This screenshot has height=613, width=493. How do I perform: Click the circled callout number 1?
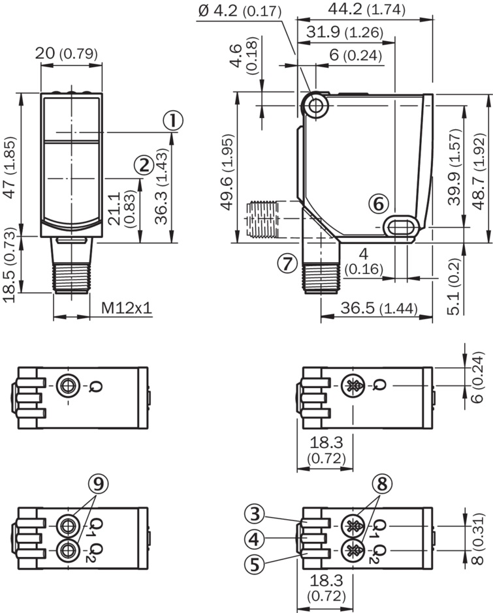pyautogui.click(x=173, y=121)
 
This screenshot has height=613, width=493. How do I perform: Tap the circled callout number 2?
pyautogui.click(x=144, y=165)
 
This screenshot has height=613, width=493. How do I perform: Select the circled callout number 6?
pyautogui.click(x=379, y=203)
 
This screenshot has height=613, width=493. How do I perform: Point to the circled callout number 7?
pyautogui.click(x=287, y=263)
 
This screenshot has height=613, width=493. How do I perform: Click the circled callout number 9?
pyautogui.click(x=99, y=484)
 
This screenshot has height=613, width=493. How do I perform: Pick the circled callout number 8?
pyautogui.click(x=382, y=484)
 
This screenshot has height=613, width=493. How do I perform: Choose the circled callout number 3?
pyautogui.click(x=255, y=514)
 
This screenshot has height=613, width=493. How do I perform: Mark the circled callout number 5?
pyautogui.click(x=255, y=564)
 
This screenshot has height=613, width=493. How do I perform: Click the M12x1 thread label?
pyautogui.click(x=126, y=308)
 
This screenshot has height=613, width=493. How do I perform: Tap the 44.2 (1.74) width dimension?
pyautogui.click(x=366, y=9)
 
